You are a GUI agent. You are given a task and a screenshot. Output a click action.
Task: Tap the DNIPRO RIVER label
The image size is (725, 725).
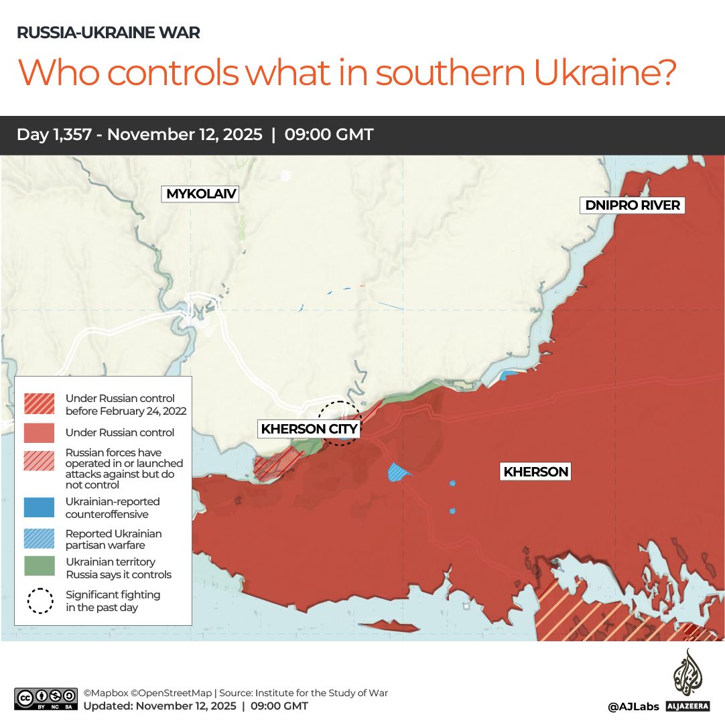tap(633, 205)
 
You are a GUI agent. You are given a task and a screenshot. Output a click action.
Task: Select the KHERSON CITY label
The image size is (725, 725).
tap(309, 429)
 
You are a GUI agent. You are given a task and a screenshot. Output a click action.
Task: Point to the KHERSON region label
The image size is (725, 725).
tap(535, 472)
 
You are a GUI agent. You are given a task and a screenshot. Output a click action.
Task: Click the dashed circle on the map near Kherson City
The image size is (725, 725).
tap(338, 422)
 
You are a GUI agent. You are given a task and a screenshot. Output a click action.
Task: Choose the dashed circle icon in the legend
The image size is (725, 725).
tap(40, 601)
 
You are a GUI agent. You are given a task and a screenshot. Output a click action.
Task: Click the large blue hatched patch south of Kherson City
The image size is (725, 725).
tap(399, 472)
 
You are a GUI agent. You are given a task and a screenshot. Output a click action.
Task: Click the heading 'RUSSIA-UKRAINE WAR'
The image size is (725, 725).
tap(109, 33)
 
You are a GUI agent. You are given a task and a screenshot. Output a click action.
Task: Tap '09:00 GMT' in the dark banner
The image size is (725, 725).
tap(328, 135)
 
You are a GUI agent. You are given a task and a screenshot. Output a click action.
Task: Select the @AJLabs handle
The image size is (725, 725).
tap(633, 706)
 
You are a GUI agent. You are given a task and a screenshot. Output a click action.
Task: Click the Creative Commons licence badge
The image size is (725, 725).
tap(46, 699)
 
